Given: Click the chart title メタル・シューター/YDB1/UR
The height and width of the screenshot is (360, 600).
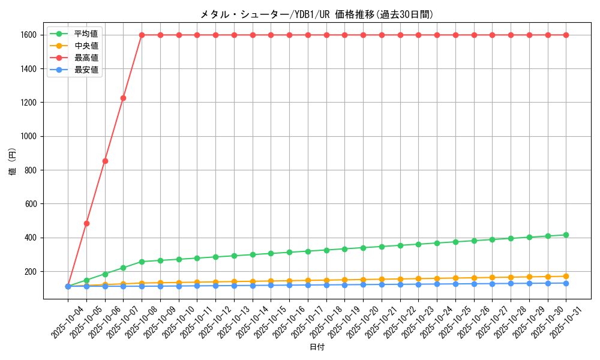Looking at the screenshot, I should pos(317,14).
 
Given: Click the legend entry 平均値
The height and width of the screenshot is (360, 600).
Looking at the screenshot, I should pos(86,34).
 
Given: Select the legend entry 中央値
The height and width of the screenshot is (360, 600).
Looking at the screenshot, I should pos(86,46).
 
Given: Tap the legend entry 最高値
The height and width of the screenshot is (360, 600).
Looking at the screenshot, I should pos(86,58).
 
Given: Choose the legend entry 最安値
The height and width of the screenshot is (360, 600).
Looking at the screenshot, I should pos(86,70).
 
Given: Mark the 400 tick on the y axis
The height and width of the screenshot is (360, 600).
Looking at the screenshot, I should pos(31,238).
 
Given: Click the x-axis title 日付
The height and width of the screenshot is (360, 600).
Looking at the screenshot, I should pos(317,347).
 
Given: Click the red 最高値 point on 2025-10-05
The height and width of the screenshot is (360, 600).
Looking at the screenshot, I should pos(86,223).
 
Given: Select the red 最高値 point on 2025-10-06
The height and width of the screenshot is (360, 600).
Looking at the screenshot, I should pos(105,161).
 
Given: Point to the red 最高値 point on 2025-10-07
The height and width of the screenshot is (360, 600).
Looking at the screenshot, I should pos(123,98).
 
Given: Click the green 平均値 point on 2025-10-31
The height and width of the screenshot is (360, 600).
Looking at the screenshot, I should pos(566,235).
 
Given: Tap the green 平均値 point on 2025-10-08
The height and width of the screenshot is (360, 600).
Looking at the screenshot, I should pos(142,262).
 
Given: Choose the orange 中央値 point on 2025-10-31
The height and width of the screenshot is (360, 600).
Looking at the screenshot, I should pos(566,276).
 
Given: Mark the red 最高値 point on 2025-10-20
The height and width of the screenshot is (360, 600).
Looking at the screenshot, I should pos(363,35).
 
